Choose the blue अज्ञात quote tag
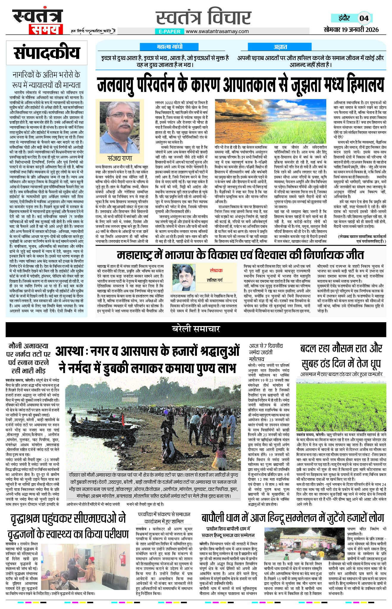pyautogui.click(x=280, y=47)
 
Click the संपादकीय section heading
pyautogui.click(x=47, y=53)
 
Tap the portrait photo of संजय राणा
pyautogui.click(x=120, y=127)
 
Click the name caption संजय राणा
pyautogui.click(x=120, y=158)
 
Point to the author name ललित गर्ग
pyautogui.click(x=216, y=280)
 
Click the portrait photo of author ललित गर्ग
pyautogui.click(x=184, y=278)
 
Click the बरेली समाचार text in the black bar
pyautogui.click(x=196, y=329)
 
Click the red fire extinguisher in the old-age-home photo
pyautogui.click(x=122, y=559)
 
